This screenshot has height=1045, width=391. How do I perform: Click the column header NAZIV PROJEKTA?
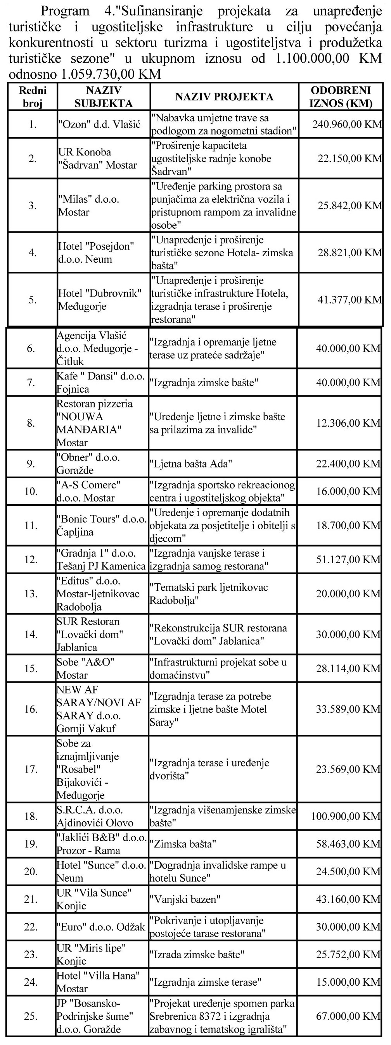[224, 97]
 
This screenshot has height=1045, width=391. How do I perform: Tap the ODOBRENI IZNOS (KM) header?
[341, 97]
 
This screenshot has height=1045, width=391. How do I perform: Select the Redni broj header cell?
[33, 97]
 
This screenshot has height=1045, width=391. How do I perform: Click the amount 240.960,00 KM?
[347, 124]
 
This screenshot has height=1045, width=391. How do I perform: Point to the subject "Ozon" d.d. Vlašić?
[99, 124]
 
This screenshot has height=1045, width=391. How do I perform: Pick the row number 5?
[33, 300]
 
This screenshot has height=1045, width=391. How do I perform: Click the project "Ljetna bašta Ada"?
[190, 464]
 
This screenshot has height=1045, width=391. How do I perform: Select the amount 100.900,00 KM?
[346, 816]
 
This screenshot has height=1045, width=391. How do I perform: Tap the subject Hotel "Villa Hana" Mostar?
[97, 982]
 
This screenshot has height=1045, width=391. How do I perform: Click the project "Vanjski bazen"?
[185, 899]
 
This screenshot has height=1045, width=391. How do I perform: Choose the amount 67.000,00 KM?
[348, 1016]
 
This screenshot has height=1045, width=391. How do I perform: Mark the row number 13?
[31, 593]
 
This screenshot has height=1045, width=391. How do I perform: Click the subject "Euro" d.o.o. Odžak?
[101, 926]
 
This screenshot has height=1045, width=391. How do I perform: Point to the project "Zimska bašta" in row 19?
[183, 844]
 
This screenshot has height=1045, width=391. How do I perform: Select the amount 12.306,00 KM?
[348, 423]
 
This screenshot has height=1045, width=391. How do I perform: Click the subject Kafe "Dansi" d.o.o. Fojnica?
[100, 383]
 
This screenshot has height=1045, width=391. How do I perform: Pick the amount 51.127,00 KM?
[348, 559]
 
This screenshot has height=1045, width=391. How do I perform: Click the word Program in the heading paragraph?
[65, 11]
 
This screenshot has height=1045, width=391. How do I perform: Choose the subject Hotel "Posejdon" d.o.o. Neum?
[96, 253]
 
